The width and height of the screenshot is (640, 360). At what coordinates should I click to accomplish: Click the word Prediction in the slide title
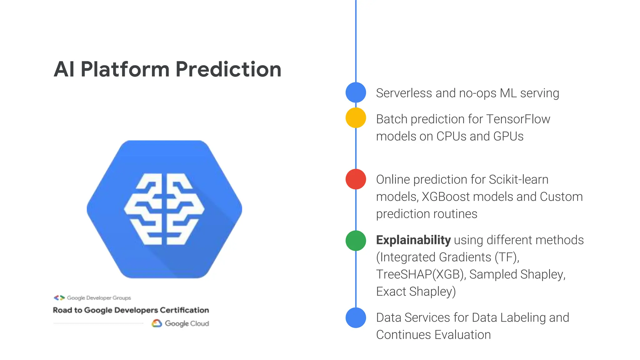point(228,69)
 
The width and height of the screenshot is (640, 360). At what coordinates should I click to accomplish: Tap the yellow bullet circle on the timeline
point(356,118)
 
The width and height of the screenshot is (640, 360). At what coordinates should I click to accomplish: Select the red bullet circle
point(356,179)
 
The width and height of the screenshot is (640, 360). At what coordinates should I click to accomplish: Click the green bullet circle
point(356,241)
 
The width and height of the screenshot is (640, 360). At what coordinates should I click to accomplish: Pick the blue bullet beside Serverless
point(356,92)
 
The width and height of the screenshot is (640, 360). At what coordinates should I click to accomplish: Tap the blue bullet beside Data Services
point(356,317)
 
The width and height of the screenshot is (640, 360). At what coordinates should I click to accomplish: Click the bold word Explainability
point(413,240)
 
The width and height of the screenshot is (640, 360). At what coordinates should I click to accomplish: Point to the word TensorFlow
point(518,119)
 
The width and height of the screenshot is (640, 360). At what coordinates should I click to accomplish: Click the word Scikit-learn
point(518,180)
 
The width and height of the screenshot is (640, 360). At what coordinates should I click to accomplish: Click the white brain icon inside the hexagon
point(164,209)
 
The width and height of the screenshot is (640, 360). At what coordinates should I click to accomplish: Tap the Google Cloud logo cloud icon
point(157,323)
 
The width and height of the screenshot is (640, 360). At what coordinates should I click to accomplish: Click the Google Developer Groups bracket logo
point(59,297)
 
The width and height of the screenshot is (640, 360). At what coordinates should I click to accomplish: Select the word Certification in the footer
point(184,310)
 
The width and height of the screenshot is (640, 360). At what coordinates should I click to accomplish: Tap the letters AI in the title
point(64,69)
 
